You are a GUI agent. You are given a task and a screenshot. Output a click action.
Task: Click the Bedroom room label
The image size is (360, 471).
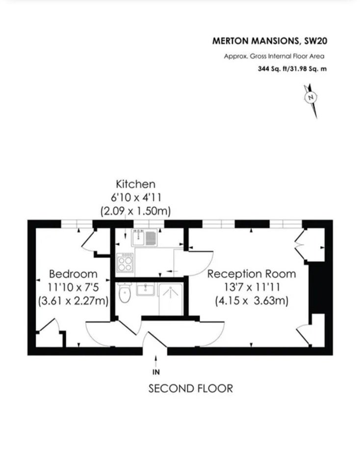tap(73, 274)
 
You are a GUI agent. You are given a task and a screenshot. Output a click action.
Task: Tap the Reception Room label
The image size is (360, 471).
tap(252, 274)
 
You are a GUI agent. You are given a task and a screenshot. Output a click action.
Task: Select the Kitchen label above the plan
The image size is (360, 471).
tap(136, 184)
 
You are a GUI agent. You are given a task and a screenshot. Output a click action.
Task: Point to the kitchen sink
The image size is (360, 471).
tap(144, 237)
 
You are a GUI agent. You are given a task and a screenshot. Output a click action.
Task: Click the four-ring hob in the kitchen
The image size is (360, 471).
tap(125, 262)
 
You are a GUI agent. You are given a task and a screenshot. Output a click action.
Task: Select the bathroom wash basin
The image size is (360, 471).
tap(145, 289)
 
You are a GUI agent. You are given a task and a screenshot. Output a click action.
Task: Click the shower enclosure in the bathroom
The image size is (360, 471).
tap(171, 299)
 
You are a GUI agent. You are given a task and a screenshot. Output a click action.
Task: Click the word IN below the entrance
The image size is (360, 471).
tap(156, 372)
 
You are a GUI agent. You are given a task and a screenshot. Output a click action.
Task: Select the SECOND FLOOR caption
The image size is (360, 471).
tap(191, 389)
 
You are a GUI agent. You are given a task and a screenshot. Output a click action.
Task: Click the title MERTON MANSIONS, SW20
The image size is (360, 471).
tap(270, 41)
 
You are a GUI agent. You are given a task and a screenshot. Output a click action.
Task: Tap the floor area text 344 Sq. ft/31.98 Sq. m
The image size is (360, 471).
tap(292, 69)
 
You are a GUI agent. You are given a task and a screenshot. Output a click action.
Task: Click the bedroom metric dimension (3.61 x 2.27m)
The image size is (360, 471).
tap(73, 301)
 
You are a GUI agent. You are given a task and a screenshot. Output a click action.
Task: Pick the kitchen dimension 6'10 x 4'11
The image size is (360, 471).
tap(136, 198)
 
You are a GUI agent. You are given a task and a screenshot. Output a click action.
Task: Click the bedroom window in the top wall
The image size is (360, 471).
tap(77, 224)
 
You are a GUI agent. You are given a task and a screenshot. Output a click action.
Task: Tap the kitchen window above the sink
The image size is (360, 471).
tap(149, 224)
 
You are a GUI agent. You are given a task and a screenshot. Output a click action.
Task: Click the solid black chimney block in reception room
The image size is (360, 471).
tap(317, 288)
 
